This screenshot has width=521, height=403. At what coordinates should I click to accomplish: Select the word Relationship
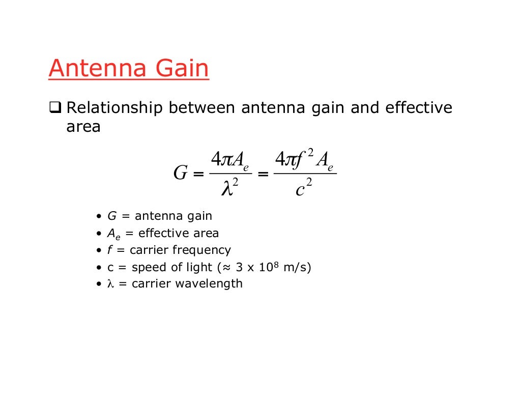tap(115, 108)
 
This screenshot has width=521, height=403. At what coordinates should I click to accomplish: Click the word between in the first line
tap(202, 108)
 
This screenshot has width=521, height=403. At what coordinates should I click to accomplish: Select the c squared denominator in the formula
tap(304, 189)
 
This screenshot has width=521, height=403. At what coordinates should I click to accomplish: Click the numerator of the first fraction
tap(230, 160)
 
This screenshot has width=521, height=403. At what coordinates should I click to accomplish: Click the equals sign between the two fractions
tap(263, 174)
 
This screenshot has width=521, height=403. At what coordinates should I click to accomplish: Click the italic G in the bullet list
tap(112, 216)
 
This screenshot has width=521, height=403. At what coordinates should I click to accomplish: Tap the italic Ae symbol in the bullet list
tap(113, 234)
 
